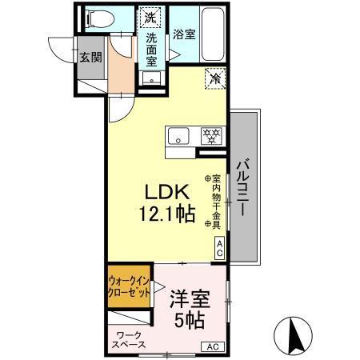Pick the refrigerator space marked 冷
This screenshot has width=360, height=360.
pyautogui.click(x=214, y=78)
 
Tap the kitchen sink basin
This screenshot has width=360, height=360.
pyautogui.click(x=178, y=134)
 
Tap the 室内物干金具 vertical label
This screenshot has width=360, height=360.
pyautogui.click(x=215, y=202)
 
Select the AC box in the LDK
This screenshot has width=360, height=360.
pyautogui.click(x=219, y=248)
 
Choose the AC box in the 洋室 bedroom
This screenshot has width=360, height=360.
pyautogui.click(x=213, y=346)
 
